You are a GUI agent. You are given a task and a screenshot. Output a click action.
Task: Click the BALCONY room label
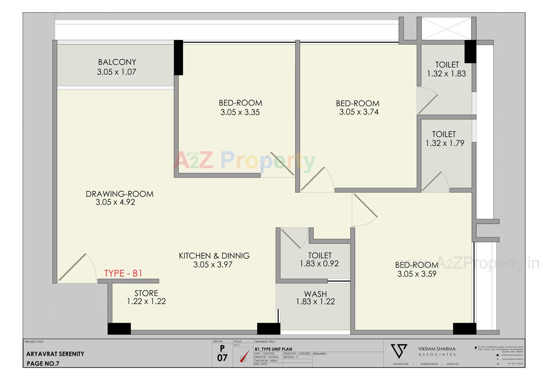tap(117, 62)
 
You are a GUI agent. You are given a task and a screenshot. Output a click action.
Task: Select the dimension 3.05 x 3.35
tap(240, 112)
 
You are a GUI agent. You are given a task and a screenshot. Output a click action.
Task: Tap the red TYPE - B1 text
tap(123, 273)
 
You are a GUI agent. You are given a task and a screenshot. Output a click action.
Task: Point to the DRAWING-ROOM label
tap(120, 194)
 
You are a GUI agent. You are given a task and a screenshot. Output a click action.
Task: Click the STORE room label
tap(146, 293)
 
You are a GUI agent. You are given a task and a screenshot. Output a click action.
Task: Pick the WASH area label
tap(315, 294)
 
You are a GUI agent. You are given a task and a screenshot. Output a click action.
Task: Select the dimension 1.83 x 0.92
tap(319, 264)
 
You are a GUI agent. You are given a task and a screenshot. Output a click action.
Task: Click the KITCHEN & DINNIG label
tap(214, 256)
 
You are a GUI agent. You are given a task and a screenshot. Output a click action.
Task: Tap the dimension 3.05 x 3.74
tap(359, 112)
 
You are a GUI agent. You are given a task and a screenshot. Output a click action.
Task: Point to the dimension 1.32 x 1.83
tap(446, 74)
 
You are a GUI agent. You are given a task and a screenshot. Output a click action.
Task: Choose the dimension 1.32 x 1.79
tap(445, 143)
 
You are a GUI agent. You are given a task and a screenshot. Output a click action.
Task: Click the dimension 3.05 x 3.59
tap(417, 274)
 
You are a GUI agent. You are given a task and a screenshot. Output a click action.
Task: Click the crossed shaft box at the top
tap(446, 28)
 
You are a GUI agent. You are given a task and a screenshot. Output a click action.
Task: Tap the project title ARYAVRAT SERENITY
tap(55, 354)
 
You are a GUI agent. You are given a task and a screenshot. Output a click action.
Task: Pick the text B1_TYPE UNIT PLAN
tap(273, 349)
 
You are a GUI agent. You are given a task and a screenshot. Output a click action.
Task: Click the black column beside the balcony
tap(178, 57)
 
